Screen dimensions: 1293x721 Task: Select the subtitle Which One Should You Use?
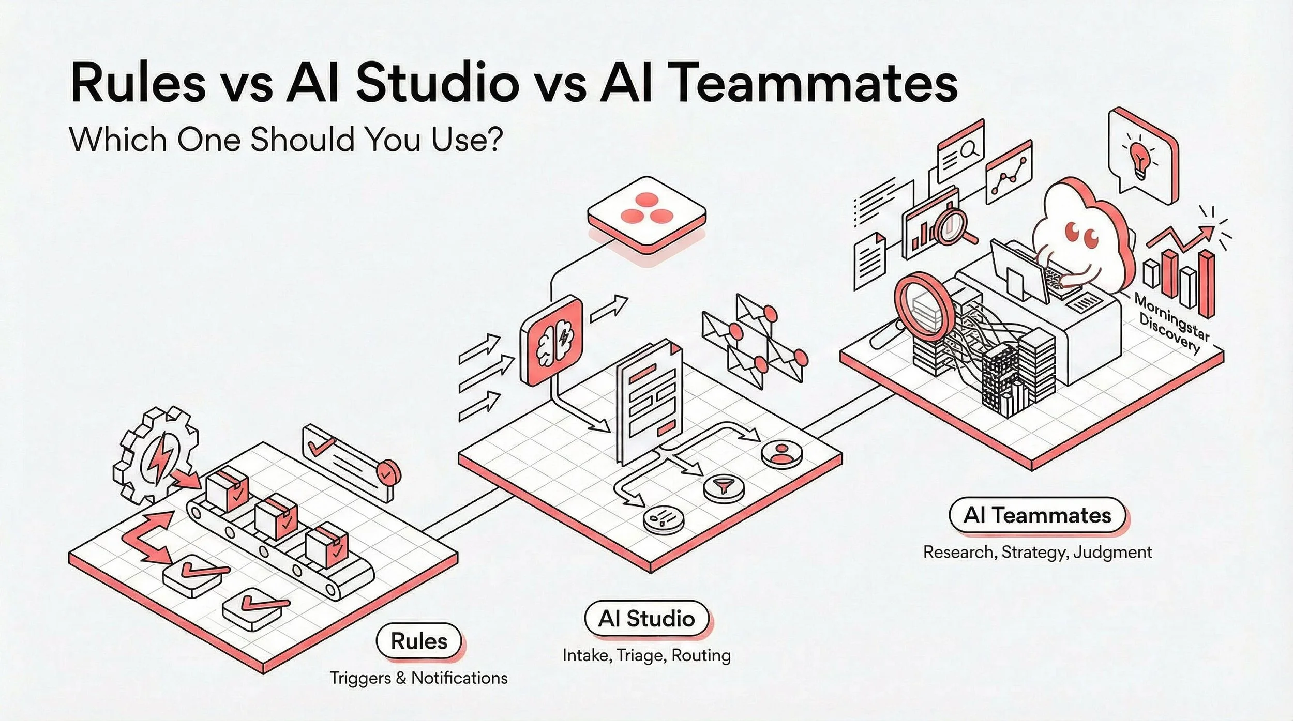285,139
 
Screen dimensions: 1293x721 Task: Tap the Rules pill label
418,641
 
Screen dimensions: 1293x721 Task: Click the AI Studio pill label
646,619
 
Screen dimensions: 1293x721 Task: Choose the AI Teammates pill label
1037,515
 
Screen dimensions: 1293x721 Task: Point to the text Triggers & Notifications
418,678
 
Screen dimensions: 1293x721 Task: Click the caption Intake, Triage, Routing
646,655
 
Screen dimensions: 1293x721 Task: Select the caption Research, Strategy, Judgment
1037,552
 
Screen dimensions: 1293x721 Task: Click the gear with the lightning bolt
155,455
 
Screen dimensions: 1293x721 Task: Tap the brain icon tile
551,340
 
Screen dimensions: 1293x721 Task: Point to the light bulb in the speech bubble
1140,158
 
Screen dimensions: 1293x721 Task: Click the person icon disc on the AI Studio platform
781,453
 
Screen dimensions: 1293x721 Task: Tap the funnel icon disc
723,486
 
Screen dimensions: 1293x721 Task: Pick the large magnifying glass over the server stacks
923,308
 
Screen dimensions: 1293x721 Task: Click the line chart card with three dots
1009,173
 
